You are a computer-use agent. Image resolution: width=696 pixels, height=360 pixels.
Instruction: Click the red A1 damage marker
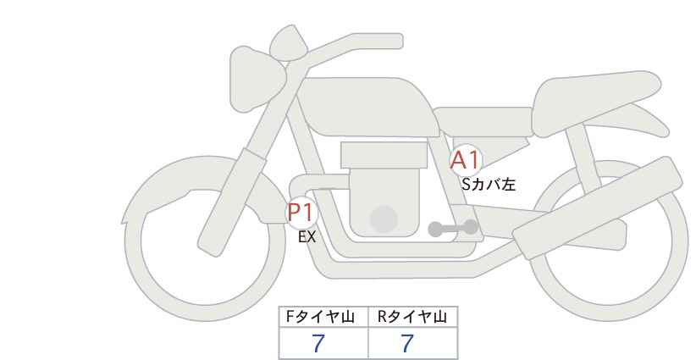tap(465, 160)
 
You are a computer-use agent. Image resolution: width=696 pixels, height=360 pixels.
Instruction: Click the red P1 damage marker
tap(301, 212)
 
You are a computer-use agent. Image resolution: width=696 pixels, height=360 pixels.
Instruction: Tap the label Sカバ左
tap(489, 184)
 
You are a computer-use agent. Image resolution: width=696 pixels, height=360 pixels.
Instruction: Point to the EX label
tap(307, 237)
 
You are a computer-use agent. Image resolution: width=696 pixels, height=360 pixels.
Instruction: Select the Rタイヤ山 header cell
tap(413, 317)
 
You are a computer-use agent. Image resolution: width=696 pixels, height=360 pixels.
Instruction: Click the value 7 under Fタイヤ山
tap(318, 344)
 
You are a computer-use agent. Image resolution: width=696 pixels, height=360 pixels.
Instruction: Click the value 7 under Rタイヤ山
tap(407, 344)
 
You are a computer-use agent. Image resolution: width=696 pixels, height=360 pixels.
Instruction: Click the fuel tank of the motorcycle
tap(367, 107)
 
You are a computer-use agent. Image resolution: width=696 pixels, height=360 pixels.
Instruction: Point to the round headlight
tap(257, 79)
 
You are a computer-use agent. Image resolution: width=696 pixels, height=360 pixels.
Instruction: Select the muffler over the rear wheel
tap(598, 208)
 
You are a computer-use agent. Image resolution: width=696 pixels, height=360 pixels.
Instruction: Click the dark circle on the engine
tap(384, 219)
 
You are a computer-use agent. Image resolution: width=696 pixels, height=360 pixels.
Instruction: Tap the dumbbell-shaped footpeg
tap(453, 228)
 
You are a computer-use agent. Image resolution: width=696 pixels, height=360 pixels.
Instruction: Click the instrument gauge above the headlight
tap(289, 43)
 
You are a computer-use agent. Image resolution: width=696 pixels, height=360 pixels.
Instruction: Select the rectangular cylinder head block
tap(384, 155)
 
